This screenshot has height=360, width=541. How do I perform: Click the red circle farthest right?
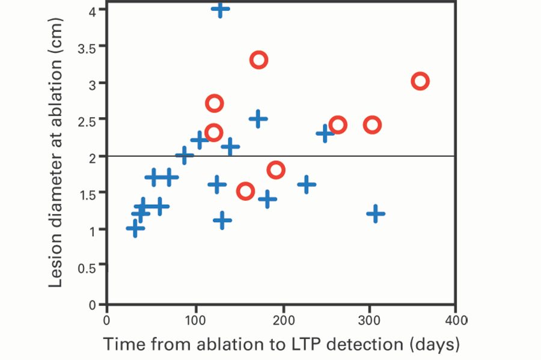pos(420,81)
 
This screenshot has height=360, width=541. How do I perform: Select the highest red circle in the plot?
pos(259,59)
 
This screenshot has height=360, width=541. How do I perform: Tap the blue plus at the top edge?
pos(221,9)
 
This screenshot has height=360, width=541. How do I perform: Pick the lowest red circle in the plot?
pos(245,191)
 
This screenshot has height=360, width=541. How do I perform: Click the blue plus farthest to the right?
pos(376,213)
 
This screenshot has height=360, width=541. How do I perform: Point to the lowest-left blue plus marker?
pos(135,228)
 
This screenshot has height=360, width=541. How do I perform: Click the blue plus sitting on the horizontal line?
pos(185,156)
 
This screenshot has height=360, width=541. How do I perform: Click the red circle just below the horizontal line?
pos(276,169)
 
